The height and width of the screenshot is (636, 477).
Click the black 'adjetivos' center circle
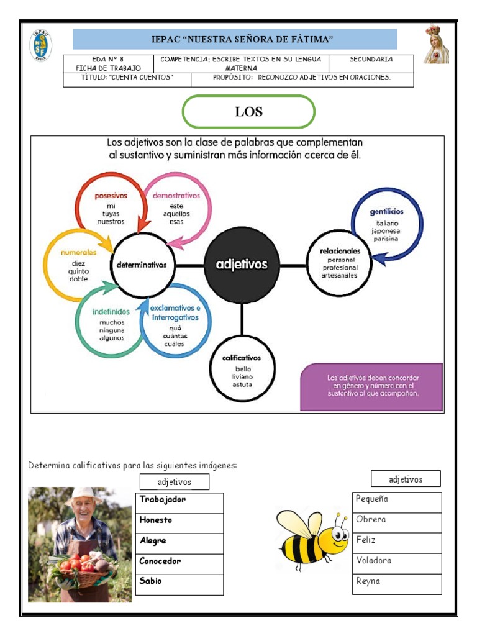point(241,265)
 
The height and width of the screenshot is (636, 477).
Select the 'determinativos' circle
point(142,265)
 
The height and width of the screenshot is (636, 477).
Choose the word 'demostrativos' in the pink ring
point(176,195)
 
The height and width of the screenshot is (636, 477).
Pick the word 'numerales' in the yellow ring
point(79,253)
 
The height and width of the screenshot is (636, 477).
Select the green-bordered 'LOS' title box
point(248,112)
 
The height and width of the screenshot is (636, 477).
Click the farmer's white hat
point(83,495)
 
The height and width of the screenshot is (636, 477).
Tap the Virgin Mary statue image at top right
point(435,44)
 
